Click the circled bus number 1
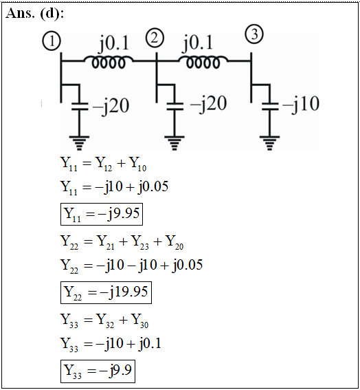[x=52, y=41]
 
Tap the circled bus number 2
[x=155, y=38]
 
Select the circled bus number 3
[x=254, y=34]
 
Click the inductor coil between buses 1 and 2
[x=109, y=62]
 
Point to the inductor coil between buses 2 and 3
[x=203, y=62]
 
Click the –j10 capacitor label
[x=301, y=104]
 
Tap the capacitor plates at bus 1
[x=80, y=106]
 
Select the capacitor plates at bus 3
[x=270, y=106]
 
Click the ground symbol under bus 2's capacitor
[x=175, y=143]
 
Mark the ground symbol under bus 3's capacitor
[x=269, y=143]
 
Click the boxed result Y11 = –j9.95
[x=102, y=214]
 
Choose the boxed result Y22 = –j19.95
[x=106, y=292]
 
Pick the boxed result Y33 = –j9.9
[x=98, y=371]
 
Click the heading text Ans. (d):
[x=34, y=13]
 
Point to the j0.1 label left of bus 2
[x=114, y=43]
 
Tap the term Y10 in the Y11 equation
[x=138, y=164]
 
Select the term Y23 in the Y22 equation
[x=140, y=243]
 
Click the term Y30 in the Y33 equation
[x=140, y=321]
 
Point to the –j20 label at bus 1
[x=111, y=106]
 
